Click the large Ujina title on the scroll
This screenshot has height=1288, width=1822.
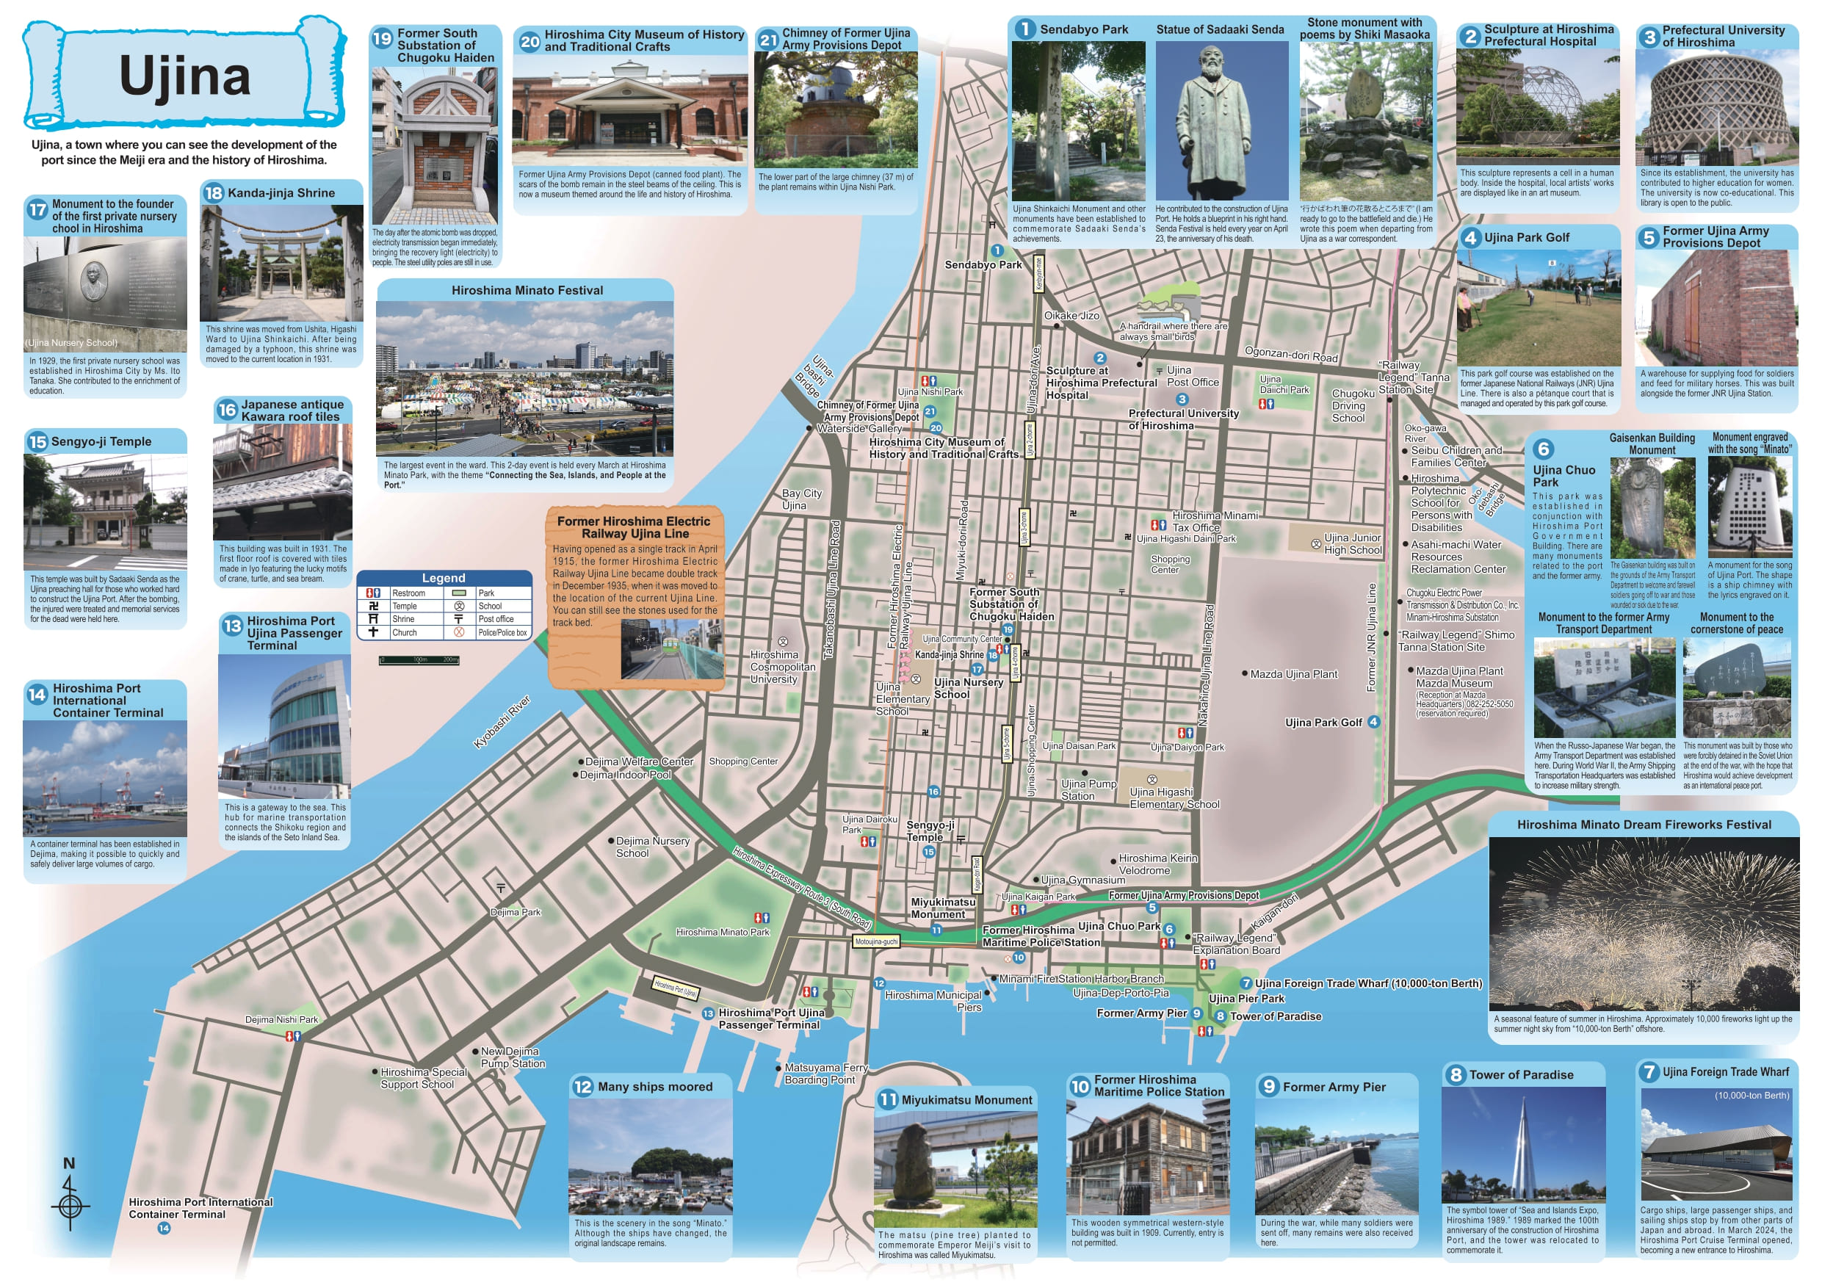(x=184, y=77)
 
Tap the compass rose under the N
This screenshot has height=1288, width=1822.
(x=70, y=1206)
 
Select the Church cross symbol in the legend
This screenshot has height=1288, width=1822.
(x=373, y=632)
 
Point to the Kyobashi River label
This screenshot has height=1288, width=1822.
(x=502, y=722)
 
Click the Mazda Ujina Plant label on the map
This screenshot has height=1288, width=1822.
(x=1293, y=675)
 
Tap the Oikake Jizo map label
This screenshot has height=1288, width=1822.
(x=1071, y=316)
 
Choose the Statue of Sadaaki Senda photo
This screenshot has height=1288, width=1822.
(x=1221, y=120)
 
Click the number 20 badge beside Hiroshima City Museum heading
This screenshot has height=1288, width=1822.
(x=529, y=42)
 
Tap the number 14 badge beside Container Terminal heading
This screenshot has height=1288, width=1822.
(x=37, y=695)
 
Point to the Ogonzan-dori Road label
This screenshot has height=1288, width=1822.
(x=1291, y=354)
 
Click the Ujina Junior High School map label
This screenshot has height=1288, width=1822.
(x=1352, y=543)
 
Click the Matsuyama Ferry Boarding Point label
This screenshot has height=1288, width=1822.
(x=825, y=1074)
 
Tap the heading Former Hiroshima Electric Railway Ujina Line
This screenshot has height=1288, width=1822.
(x=633, y=527)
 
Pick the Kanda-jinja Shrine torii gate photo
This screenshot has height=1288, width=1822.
(x=281, y=264)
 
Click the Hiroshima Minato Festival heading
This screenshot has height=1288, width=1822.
(x=527, y=291)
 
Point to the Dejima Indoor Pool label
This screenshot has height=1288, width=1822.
(x=625, y=775)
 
